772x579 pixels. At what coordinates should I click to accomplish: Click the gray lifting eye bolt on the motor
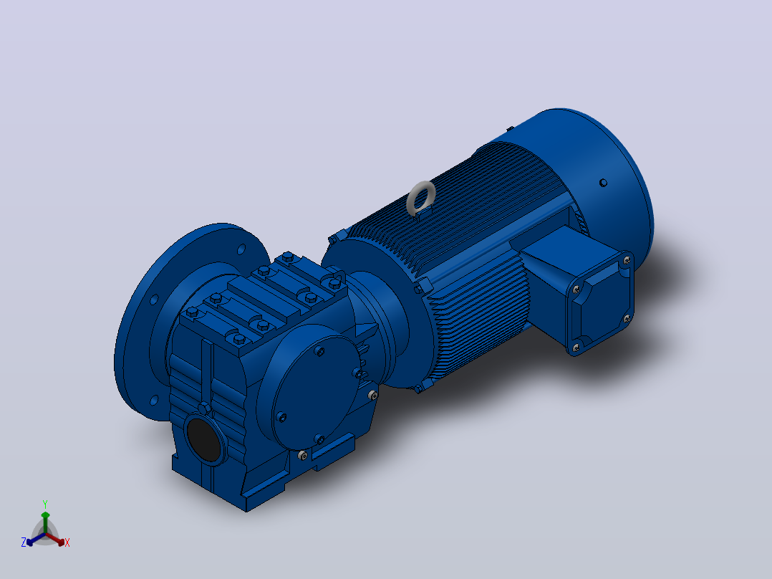pyautogui.click(x=420, y=198)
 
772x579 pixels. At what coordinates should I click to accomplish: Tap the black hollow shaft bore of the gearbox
pyautogui.click(x=204, y=439)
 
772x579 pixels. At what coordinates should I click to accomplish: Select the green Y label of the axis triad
pyautogui.click(x=45, y=504)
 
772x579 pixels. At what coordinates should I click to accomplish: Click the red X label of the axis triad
pyautogui.click(x=67, y=542)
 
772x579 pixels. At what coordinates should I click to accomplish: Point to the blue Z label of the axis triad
pyautogui.click(x=24, y=542)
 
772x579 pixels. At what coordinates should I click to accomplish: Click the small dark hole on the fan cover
pyautogui.click(x=603, y=183)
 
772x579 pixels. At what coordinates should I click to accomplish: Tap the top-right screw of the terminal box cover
pyautogui.click(x=627, y=261)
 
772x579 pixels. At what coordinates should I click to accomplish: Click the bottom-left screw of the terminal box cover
pyautogui.click(x=576, y=348)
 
